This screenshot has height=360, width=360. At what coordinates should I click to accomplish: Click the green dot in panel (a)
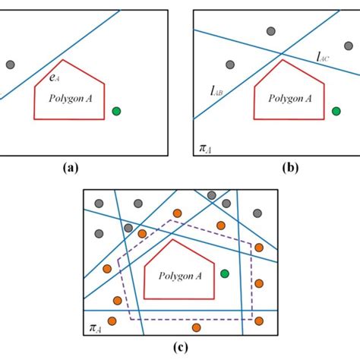pyautogui.click(x=116, y=111)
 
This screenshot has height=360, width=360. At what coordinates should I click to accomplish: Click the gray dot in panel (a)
pyautogui.click(x=10, y=65)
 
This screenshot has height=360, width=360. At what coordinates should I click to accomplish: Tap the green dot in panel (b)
pyautogui.click(x=336, y=111)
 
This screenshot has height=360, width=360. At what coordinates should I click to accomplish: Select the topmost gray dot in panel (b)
pyautogui.click(x=271, y=31)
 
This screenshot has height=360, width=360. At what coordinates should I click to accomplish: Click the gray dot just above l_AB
pyautogui.click(x=230, y=65)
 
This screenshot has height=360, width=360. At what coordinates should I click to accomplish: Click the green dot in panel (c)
pyautogui.click(x=224, y=273)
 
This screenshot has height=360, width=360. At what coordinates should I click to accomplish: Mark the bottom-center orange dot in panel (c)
pyautogui.click(x=197, y=327)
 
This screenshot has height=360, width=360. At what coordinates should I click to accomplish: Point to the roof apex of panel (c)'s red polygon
pyautogui.click(x=175, y=241)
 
